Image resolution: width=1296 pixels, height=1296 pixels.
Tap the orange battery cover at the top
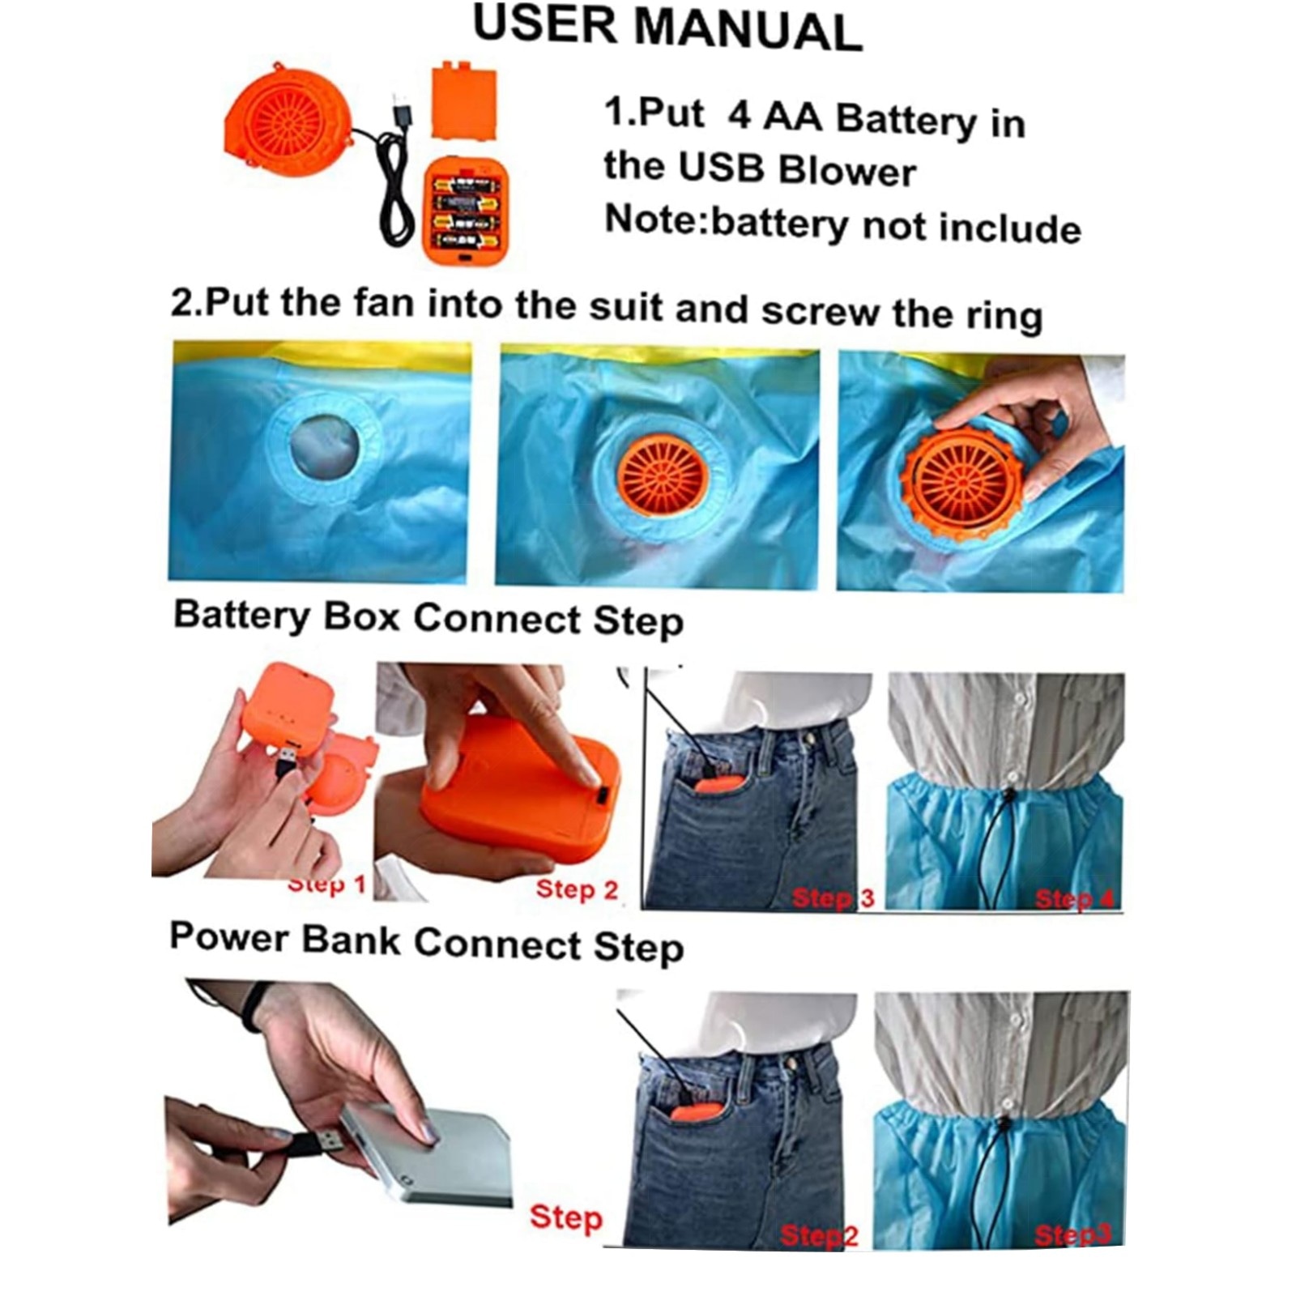(463, 103)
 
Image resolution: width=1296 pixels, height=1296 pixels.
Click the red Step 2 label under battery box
(577, 889)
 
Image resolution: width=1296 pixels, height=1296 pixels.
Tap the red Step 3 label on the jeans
(833, 897)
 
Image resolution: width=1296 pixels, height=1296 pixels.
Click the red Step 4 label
(1074, 898)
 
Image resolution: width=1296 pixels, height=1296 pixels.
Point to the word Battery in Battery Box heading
(242, 616)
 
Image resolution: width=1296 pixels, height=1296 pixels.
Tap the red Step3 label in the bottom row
(1072, 1235)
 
